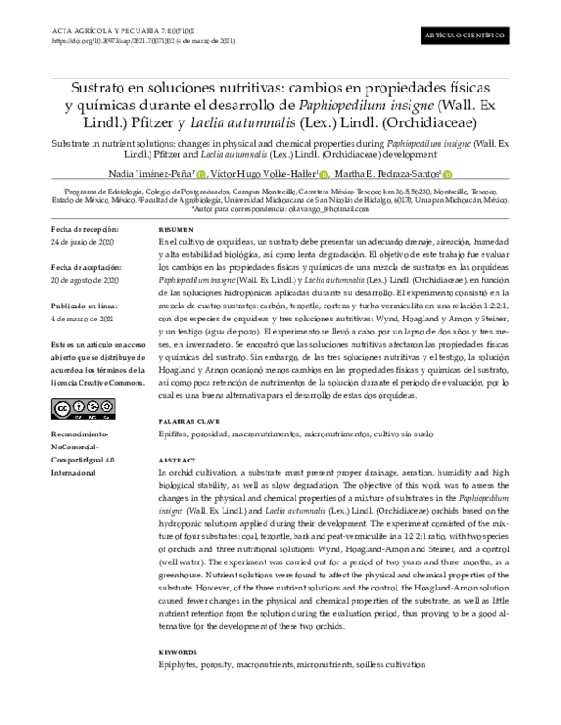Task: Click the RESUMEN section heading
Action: (x=176, y=229)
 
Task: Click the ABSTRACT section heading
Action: (x=178, y=462)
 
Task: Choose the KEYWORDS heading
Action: (x=179, y=651)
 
